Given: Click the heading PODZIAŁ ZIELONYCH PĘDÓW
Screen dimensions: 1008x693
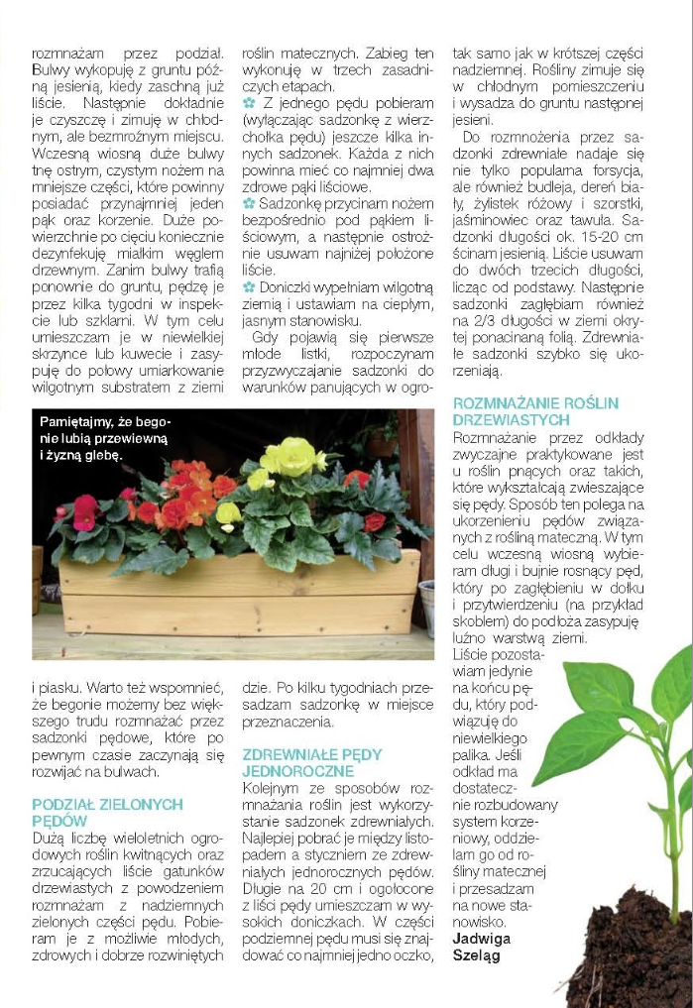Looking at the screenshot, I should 107,813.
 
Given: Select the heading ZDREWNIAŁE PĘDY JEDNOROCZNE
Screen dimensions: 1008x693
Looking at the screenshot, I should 311,762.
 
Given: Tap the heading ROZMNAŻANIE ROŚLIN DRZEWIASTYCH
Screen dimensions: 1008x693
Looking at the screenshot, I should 535,411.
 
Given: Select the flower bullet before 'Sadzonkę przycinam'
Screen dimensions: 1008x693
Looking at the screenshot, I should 249,203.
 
